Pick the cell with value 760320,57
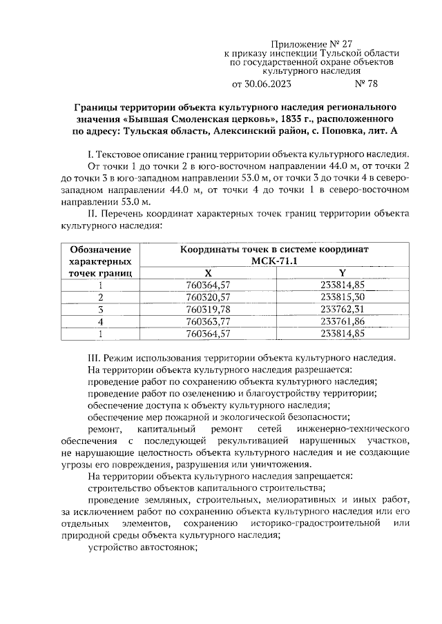209,296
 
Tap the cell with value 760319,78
209,309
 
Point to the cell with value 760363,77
209,321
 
